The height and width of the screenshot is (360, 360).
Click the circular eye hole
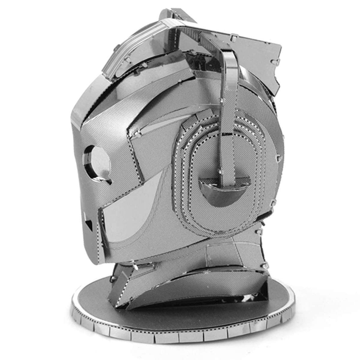tap(97, 162)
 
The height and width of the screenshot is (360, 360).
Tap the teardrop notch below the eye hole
tap(106, 180)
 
